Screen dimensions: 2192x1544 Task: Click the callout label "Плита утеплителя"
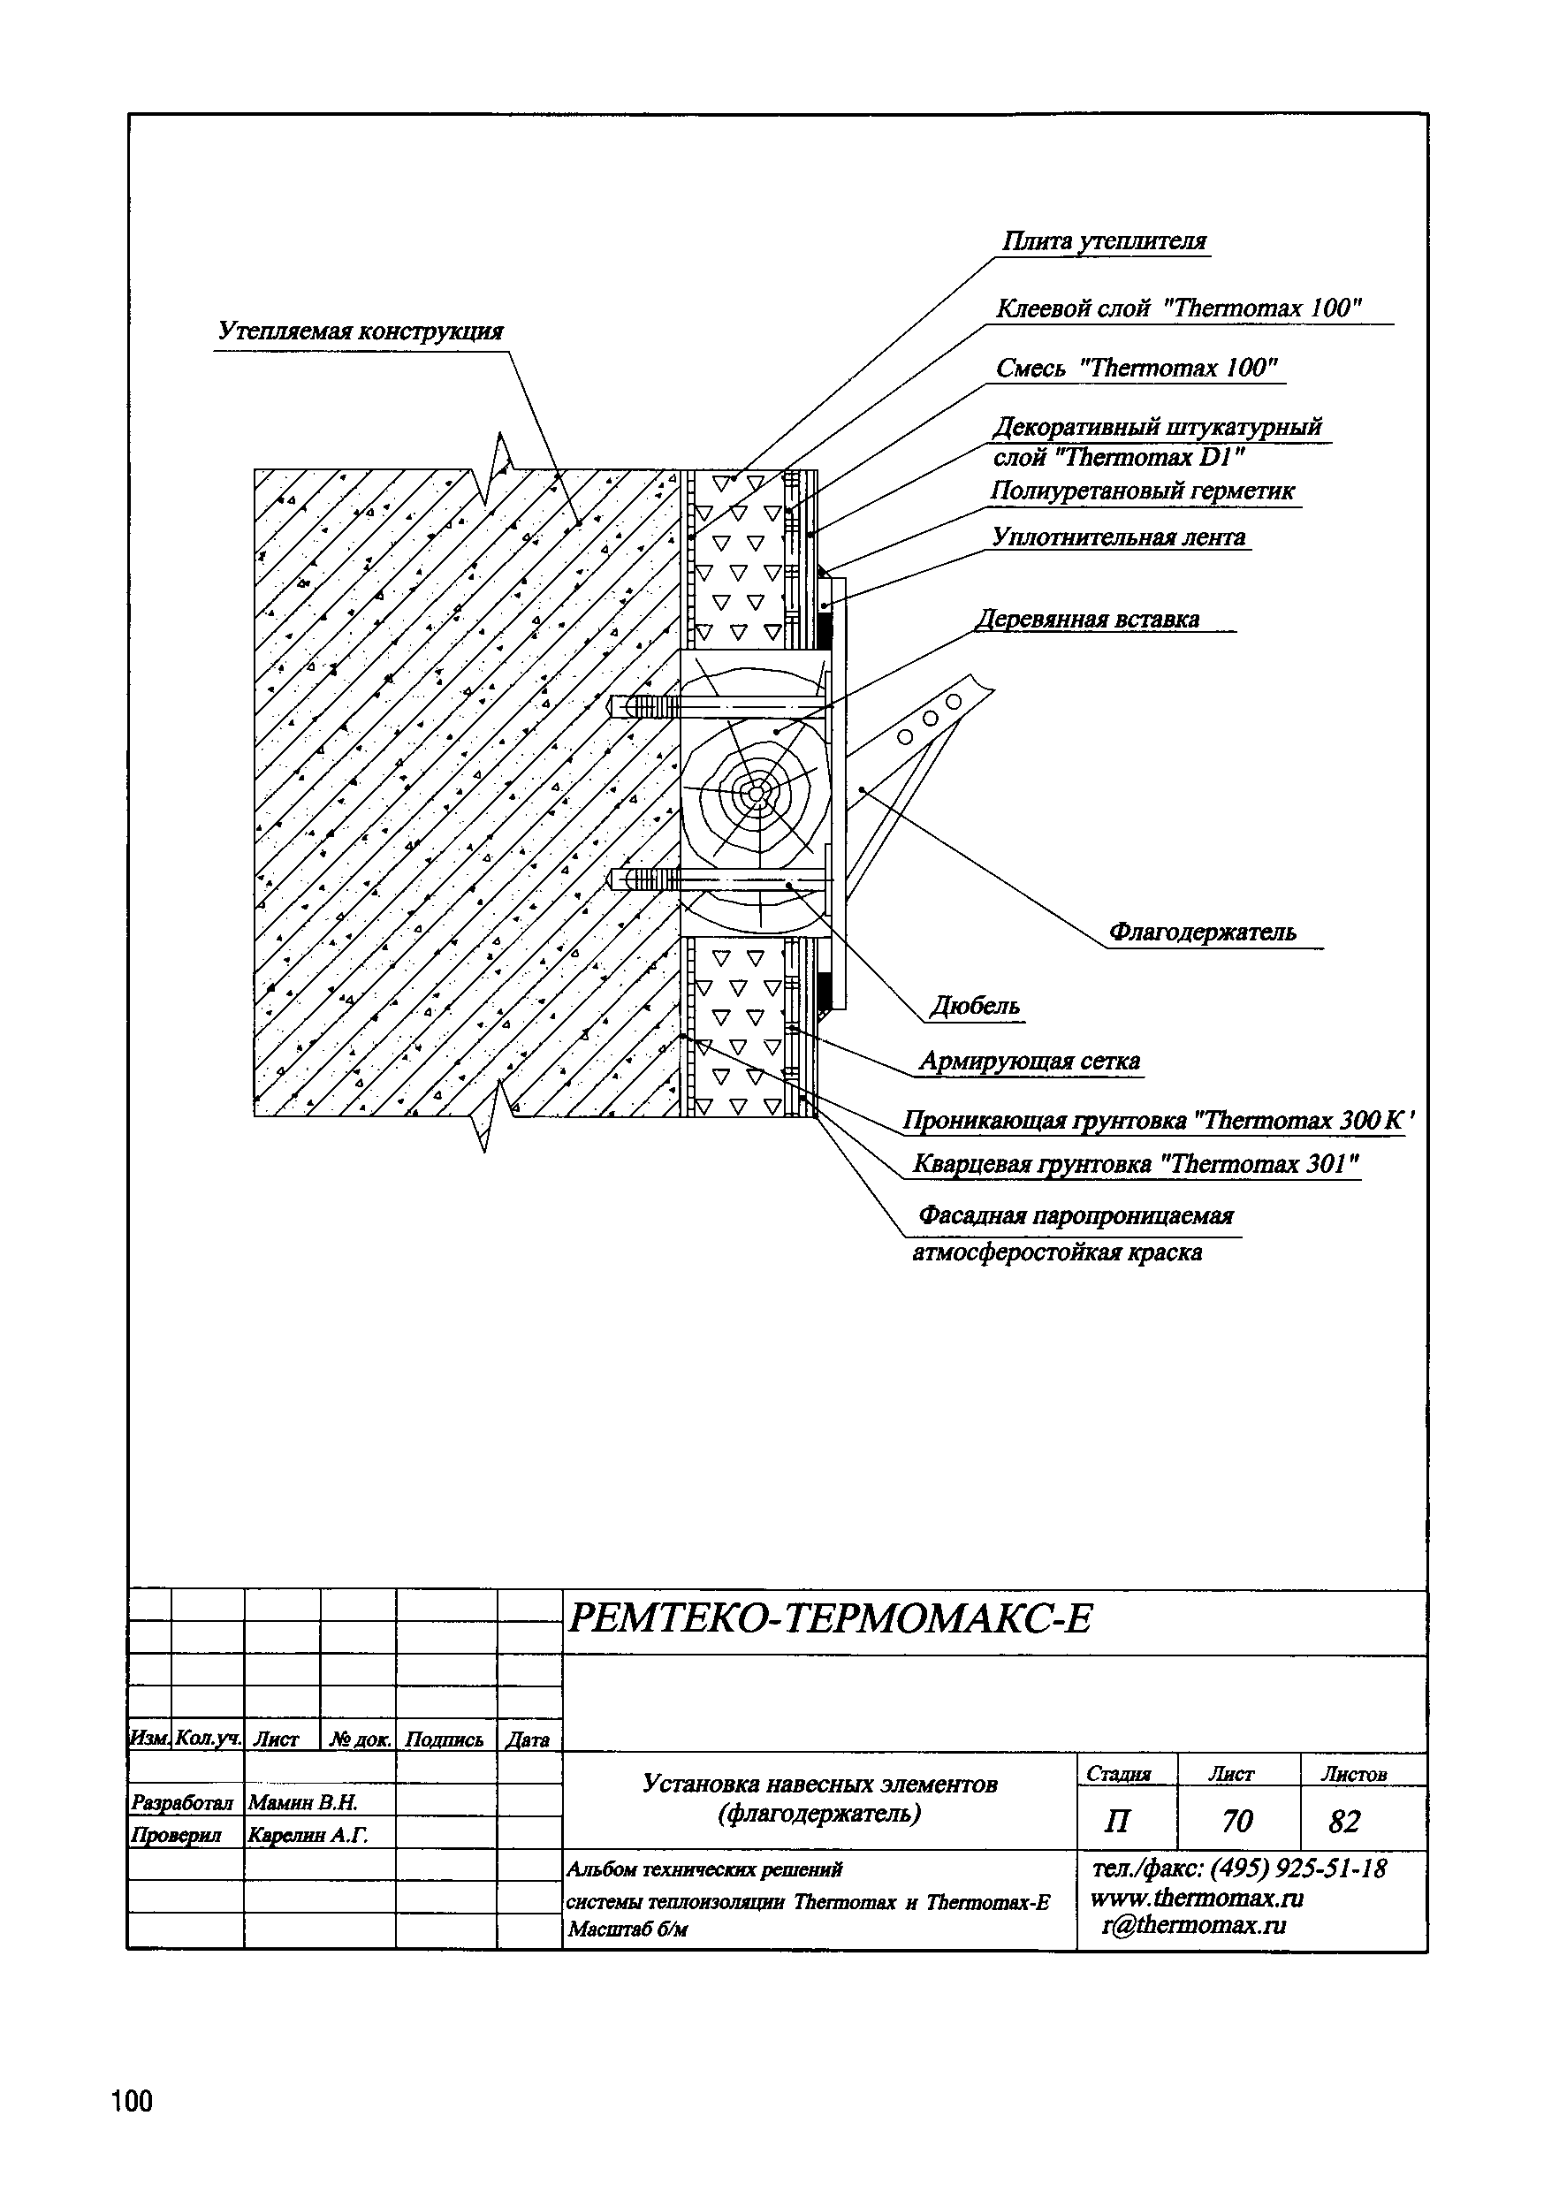1104,241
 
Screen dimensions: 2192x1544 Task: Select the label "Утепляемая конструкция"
360,331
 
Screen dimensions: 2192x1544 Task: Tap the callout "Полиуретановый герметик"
1142,491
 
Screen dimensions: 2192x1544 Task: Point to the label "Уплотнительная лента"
1118,537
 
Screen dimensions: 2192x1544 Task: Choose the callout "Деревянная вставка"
1089,619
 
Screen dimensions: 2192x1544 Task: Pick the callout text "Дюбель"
975,1005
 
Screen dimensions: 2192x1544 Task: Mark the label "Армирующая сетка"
1029,1061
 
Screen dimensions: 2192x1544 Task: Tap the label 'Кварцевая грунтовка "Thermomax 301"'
1136,1164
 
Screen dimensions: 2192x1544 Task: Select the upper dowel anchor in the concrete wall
643,707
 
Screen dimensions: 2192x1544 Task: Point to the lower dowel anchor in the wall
645,878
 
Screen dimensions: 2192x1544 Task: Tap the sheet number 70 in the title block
1236,1822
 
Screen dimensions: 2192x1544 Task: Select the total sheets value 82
1343,1822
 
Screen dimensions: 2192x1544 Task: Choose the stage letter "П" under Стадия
1115,1822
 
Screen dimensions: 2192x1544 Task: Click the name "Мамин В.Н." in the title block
301,1802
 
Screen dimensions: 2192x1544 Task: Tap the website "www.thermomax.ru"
1197,1897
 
